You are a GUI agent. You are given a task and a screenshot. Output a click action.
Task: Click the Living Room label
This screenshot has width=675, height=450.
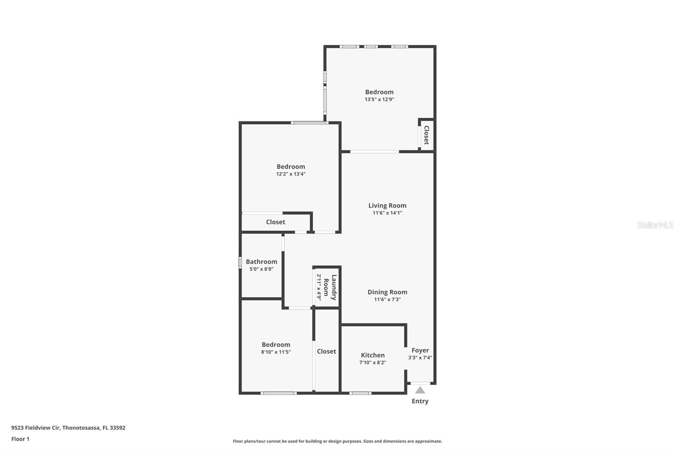pos(387,206)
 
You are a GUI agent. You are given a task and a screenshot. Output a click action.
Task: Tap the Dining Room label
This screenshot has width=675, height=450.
pos(387,292)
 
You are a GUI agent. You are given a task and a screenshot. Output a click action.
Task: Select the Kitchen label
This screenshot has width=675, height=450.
pos(373,355)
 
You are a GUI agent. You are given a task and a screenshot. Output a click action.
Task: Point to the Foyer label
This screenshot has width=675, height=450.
pos(420,350)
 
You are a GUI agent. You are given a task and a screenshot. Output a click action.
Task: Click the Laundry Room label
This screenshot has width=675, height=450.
pos(330,287)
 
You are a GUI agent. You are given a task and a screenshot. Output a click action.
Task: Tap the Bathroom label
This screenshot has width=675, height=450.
pos(262,261)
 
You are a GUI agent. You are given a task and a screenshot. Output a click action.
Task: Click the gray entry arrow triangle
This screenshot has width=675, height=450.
pos(420,390)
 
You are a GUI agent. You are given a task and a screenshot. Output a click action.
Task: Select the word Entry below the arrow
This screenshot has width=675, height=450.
pos(420,401)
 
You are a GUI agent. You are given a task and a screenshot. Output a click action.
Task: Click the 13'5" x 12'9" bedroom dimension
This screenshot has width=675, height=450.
pos(379,99)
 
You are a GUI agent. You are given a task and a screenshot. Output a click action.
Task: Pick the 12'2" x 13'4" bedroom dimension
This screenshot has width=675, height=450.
pos(291,174)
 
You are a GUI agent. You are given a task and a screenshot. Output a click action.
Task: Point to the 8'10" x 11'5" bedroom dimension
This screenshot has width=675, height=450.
pos(276,352)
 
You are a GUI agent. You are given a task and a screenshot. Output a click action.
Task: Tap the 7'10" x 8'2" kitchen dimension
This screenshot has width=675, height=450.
pos(373,362)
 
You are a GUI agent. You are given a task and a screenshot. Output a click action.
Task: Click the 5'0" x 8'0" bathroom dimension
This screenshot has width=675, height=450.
pos(262,269)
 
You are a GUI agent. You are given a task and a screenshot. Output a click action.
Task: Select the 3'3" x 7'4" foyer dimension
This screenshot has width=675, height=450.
pos(420,358)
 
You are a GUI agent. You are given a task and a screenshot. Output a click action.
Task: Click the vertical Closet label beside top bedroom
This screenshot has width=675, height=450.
pos(427,135)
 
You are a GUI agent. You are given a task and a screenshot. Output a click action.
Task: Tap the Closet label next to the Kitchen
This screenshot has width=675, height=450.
pos(327,351)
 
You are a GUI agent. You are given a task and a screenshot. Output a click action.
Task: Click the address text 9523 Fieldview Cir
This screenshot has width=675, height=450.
pos(35,428)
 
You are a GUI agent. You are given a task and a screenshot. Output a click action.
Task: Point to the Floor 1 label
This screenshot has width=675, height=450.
pos(21,439)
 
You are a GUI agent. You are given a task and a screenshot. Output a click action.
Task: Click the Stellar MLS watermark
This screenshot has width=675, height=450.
pos(655,225)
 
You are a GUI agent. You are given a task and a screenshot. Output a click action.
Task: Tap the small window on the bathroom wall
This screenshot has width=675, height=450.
pos(240,263)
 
